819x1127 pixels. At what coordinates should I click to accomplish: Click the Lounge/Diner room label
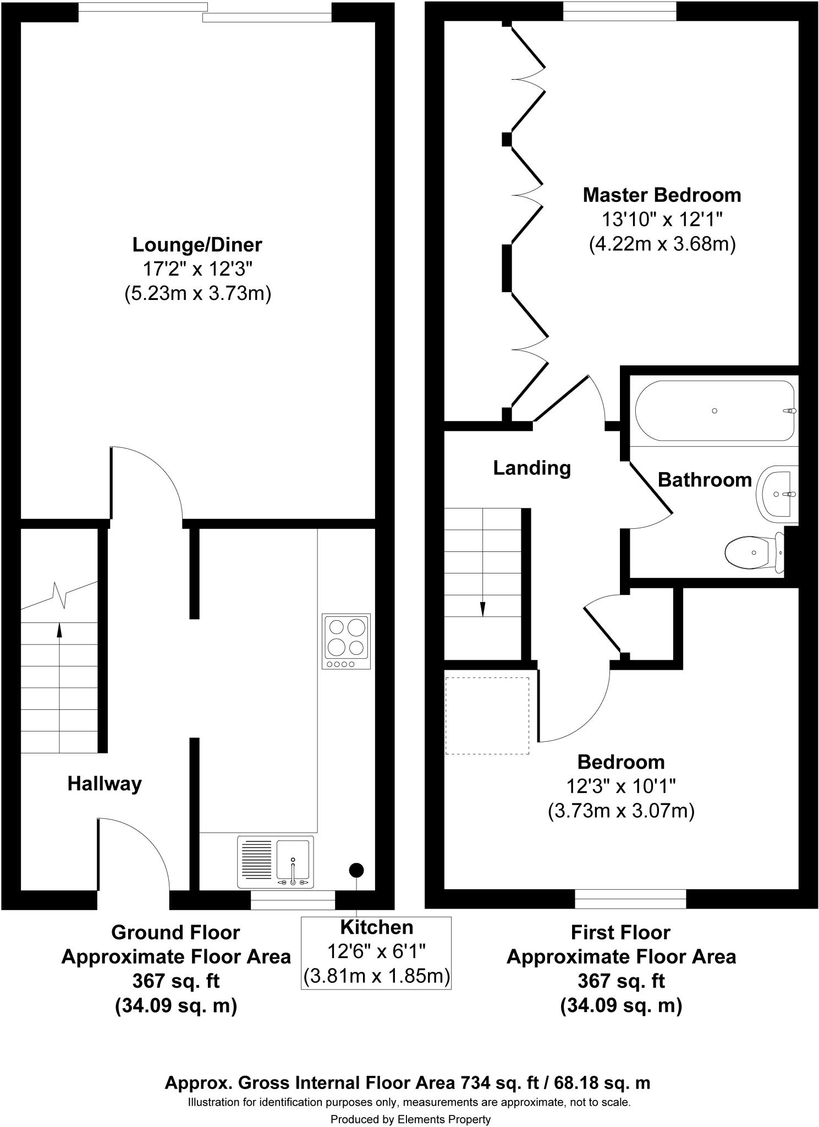coord(197,244)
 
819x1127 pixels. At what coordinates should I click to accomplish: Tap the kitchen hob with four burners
coord(346,641)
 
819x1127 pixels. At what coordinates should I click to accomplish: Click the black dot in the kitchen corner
coord(356,870)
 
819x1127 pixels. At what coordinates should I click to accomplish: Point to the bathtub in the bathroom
coord(714,411)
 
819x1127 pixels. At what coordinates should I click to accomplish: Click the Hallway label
coord(105,784)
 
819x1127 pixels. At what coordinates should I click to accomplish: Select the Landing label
coord(531,468)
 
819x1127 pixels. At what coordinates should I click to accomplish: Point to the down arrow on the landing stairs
coord(483,608)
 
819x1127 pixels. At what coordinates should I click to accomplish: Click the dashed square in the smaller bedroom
coord(487,715)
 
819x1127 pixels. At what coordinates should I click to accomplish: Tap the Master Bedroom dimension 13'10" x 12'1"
coord(662,220)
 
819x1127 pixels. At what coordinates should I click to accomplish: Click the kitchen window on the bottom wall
coord(293,899)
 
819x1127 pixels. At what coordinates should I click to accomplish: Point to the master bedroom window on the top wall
coord(620,11)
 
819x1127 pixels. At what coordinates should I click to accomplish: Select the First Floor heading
coord(620,932)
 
